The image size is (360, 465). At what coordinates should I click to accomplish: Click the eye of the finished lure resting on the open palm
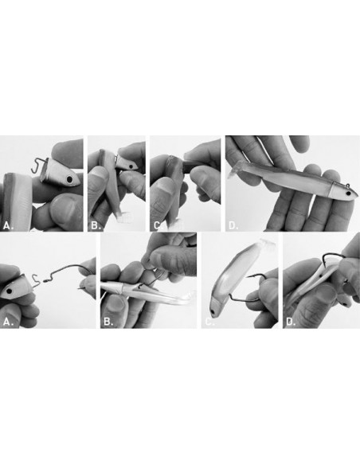[348, 193]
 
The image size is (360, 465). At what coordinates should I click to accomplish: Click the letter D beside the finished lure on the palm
[233, 225]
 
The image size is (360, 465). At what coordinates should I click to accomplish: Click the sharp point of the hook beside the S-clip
[80, 287]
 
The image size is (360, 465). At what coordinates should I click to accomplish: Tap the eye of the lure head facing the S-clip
[10, 291]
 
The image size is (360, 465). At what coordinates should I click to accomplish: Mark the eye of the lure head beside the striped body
[69, 179]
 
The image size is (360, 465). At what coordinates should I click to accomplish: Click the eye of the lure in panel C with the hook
[213, 312]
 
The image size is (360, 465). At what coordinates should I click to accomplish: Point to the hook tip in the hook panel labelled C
[248, 276]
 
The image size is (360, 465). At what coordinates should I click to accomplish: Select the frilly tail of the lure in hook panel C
[267, 244]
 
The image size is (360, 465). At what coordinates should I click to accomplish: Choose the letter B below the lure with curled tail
[108, 322]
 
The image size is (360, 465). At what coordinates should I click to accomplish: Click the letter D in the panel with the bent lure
[291, 322]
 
